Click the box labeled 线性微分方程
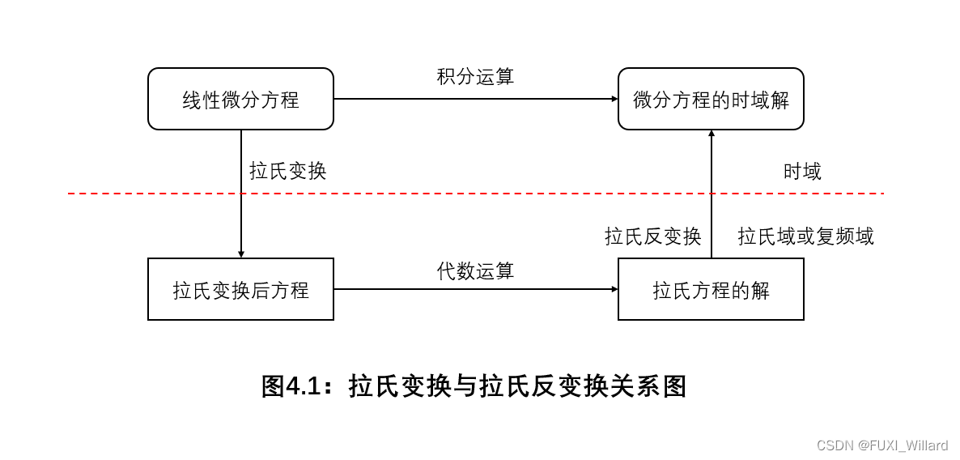pos(240,99)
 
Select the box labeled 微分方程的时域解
pos(711,99)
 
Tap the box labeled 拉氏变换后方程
pos(240,289)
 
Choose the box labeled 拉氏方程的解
pos(711,289)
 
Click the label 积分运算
pos(476,77)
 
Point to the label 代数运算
pos(476,270)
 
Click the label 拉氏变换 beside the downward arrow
pos(288,171)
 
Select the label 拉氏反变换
pos(652,236)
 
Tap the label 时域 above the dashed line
pos(802,171)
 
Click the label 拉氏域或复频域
pos(805,236)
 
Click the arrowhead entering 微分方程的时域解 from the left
pos(614,99)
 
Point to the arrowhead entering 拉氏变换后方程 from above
pos(241,254)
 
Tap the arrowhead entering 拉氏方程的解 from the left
pos(614,289)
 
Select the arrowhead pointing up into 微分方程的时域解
pos(712,134)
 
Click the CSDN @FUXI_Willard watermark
pos(881,445)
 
